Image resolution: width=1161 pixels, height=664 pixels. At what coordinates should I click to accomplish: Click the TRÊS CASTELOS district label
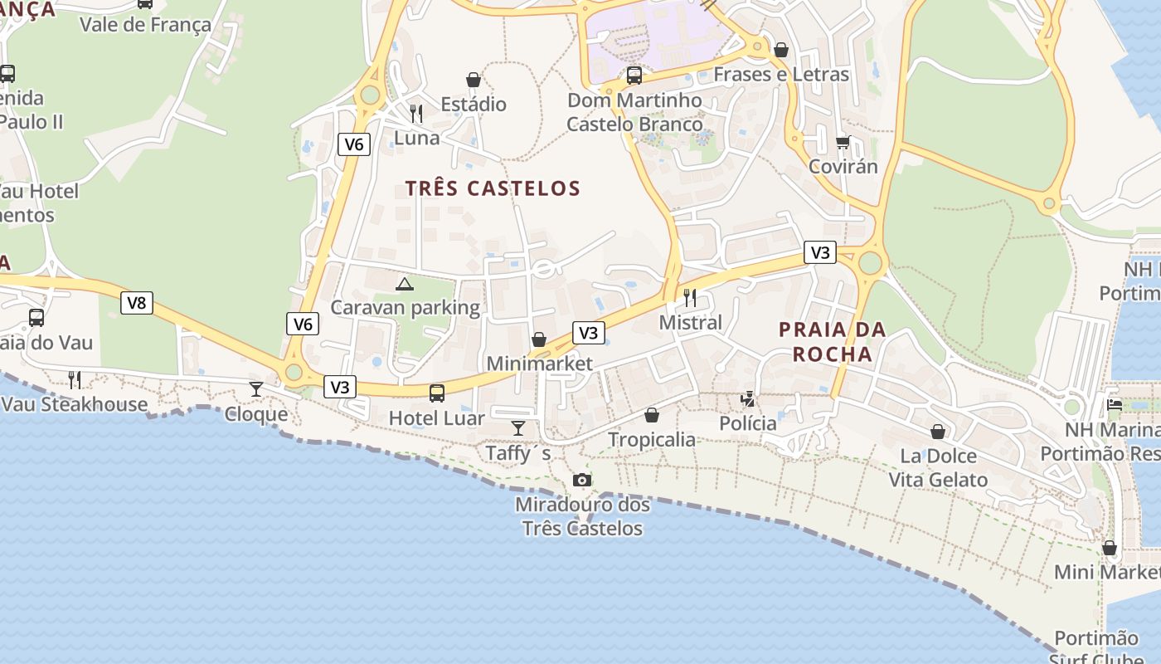pos(493,188)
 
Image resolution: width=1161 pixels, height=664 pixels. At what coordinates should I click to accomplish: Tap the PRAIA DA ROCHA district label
pos(832,342)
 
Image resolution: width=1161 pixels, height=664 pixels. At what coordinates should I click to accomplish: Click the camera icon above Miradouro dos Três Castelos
pos(582,480)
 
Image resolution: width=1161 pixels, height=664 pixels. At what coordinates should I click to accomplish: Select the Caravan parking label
pos(405,308)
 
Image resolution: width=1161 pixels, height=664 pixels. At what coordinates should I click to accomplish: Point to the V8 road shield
pos(137,303)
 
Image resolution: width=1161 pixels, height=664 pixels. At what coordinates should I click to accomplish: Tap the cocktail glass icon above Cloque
pos(256,389)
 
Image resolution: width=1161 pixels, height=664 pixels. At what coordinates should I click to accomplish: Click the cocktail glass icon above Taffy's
pos(518,428)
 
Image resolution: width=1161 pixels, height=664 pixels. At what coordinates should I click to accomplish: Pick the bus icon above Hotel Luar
pos(437,393)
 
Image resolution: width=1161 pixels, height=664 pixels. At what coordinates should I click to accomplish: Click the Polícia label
pos(748,423)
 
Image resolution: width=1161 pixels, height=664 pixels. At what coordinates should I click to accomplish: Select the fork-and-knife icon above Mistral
pos(690,297)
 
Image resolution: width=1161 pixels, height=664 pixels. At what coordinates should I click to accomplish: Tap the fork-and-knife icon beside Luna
pos(416,113)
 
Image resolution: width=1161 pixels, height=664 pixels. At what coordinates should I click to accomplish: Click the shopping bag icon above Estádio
pos(474,80)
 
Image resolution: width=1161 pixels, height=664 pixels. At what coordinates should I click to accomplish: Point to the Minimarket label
pos(540,364)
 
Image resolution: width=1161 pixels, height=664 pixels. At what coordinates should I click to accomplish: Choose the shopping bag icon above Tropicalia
pos(653,415)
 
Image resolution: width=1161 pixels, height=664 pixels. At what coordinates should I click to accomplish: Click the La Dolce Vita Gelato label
pos(938,467)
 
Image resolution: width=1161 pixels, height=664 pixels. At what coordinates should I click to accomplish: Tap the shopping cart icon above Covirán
pos(843,143)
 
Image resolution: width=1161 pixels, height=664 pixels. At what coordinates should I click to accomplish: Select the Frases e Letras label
pos(781,75)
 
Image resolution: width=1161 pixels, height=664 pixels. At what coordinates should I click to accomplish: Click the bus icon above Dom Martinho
pos(634,76)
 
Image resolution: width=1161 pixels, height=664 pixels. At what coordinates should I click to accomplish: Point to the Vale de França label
pos(145,25)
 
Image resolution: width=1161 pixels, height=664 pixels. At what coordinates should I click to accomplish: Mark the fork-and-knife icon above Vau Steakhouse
pos(75,380)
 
